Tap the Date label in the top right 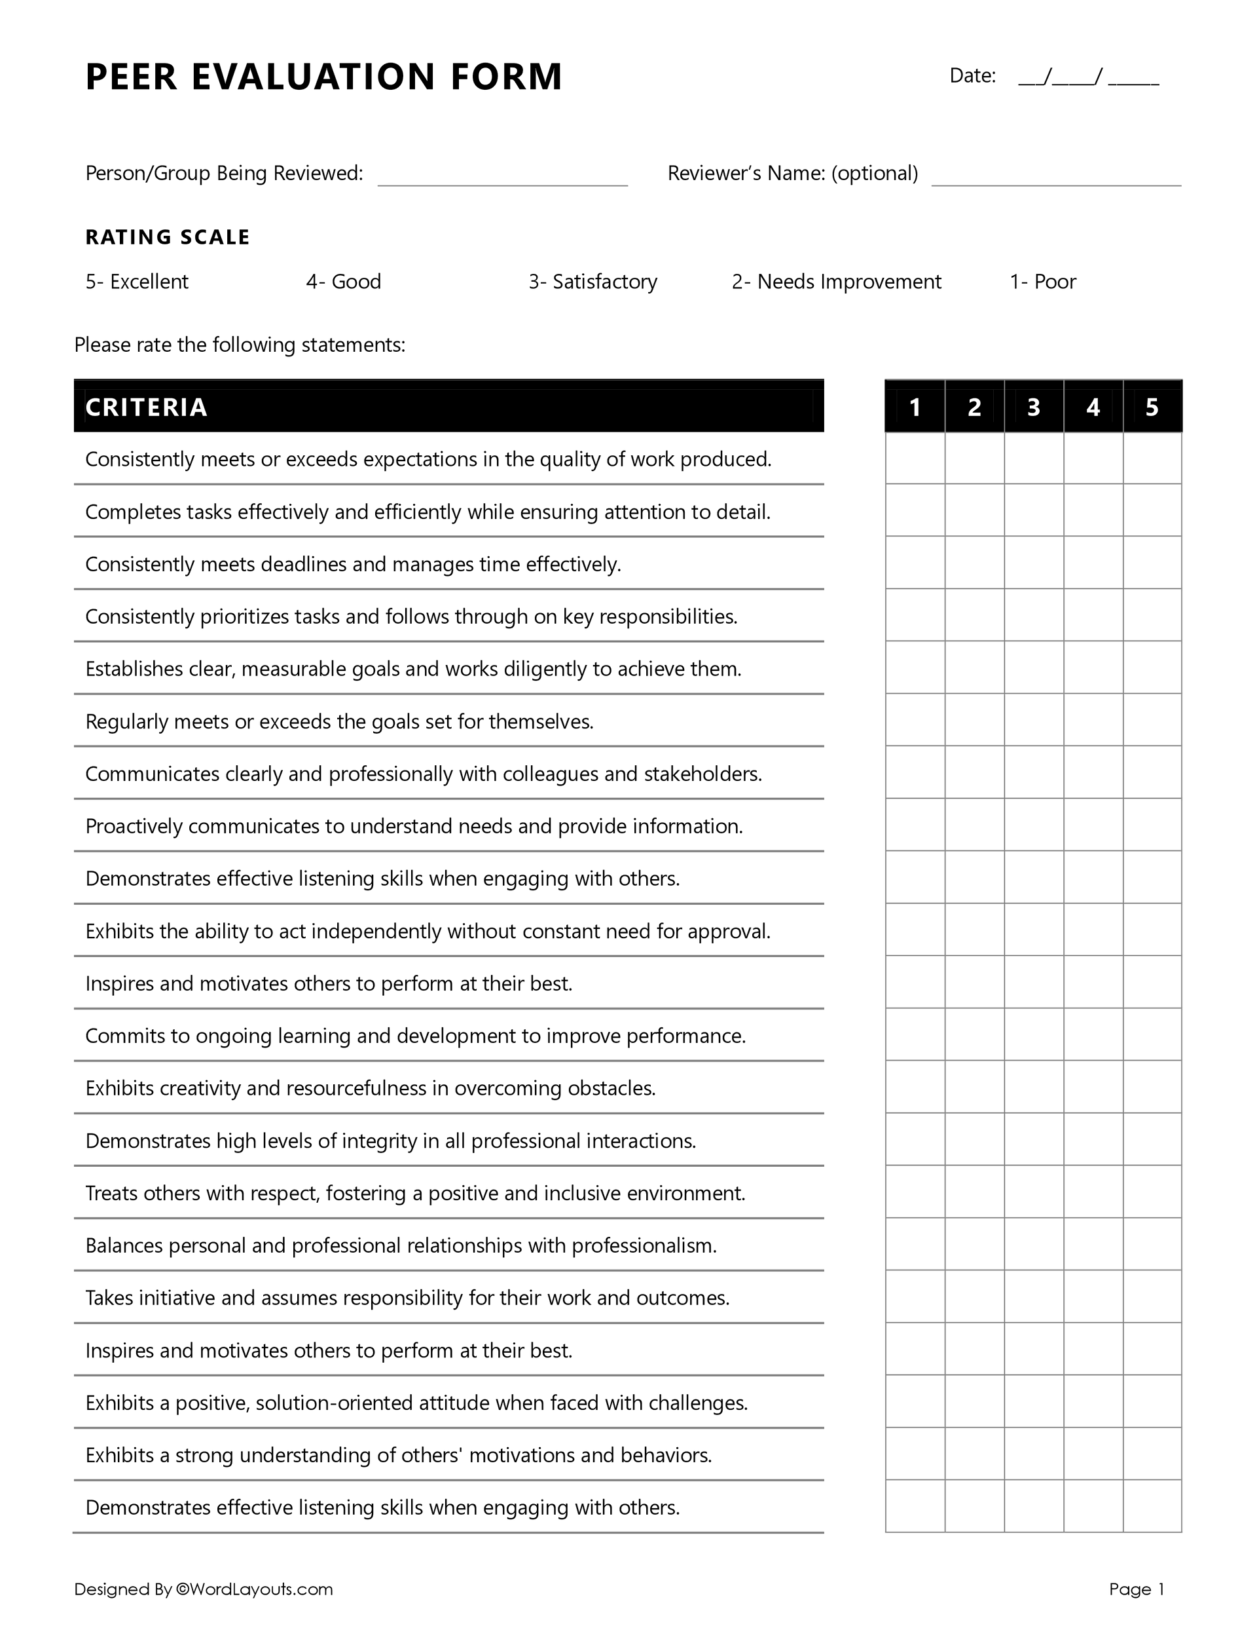coord(972,76)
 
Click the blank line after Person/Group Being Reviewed coord(502,177)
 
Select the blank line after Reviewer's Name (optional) coord(1056,177)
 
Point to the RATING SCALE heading coord(168,237)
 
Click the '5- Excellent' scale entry coord(137,282)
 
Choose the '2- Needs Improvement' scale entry coord(836,282)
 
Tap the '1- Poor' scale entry coord(1042,282)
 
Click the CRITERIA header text coord(146,407)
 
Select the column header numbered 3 coord(1034,407)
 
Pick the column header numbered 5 coord(1152,407)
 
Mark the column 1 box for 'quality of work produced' coord(915,459)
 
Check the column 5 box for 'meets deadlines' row coord(1152,563)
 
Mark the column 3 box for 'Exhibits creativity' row coord(1034,1087)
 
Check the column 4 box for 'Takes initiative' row coord(1093,1297)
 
